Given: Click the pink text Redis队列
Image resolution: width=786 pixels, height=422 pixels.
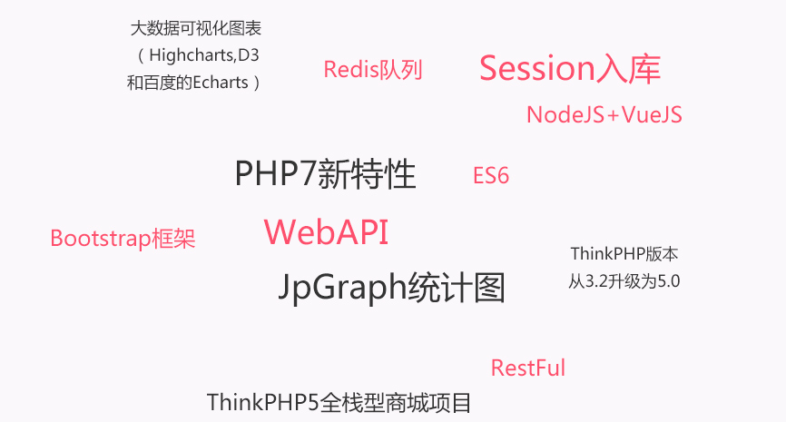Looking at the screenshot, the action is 373,70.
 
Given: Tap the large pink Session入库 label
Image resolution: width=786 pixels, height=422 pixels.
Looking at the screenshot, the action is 570,69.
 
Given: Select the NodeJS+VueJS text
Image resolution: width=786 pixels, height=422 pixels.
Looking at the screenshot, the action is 604,114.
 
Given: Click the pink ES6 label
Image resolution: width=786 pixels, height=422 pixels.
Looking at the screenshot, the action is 491,175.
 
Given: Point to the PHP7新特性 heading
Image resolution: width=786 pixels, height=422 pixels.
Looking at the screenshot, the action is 325,174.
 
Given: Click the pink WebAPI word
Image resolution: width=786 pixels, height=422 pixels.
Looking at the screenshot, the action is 326,232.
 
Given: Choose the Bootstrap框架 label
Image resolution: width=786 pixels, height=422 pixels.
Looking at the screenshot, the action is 123,239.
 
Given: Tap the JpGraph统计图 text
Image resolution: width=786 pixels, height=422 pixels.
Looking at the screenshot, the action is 391,288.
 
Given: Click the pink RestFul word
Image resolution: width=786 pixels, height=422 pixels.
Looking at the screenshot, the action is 528,368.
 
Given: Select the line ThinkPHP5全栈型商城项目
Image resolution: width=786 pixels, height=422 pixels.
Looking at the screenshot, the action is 339,402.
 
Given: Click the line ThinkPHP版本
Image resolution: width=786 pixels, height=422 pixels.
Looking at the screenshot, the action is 624,254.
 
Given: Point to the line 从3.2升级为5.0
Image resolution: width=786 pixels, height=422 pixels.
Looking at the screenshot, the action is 624,281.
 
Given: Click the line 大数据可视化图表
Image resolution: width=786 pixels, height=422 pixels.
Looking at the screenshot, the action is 196,28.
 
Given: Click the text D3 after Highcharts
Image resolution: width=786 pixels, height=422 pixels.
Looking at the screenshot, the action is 249,54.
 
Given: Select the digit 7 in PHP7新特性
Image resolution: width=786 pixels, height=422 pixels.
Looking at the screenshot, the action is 309,174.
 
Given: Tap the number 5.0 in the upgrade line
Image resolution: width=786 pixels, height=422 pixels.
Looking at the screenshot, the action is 669,281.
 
